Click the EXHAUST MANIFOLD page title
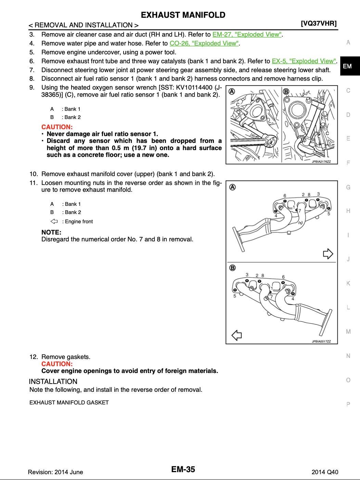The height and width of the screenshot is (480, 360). [x=183, y=15]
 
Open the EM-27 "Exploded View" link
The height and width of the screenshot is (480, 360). [x=247, y=35]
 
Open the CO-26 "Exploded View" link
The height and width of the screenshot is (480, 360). [x=204, y=43]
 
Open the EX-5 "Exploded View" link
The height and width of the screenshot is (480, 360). [x=304, y=61]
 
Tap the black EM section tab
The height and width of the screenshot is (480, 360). [x=347, y=66]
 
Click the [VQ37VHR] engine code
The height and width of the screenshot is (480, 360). [x=319, y=24]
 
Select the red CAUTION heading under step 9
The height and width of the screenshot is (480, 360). [x=57, y=127]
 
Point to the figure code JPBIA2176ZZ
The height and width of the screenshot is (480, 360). [x=321, y=161]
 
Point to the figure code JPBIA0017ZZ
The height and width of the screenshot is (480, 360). [x=321, y=341]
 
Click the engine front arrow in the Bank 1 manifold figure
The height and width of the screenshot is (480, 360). [x=328, y=254]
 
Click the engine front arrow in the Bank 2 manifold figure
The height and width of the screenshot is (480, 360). [x=237, y=335]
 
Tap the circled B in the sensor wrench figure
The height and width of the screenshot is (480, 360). [x=286, y=91]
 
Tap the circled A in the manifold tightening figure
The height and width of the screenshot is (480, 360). [x=232, y=187]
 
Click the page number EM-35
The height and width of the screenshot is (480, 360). [x=183, y=469]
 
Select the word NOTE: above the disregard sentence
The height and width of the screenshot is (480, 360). [x=51, y=232]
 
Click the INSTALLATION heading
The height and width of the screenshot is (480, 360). [x=53, y=382]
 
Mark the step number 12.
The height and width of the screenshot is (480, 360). [x=33, y=357]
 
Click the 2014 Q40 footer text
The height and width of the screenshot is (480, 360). [x=325, y=472]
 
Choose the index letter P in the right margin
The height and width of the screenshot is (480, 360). [x=348, y=404]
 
